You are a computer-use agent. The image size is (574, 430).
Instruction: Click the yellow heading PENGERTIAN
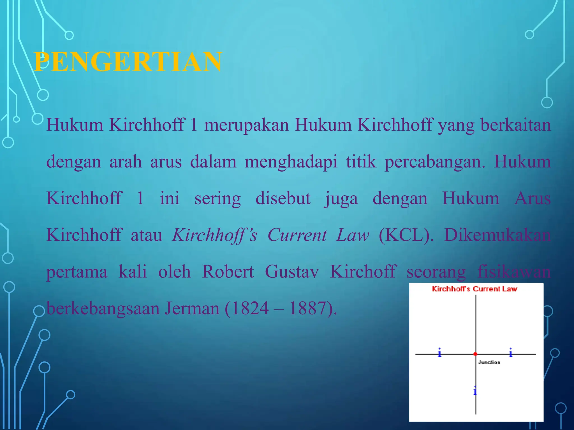pos(128,62)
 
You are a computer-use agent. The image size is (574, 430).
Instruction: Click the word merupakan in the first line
pos(246,125)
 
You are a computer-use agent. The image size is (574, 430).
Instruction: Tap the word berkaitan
pos(515,125)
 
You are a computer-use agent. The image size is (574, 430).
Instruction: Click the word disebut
pos(283,198)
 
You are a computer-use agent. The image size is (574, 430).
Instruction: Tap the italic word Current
pos(297,235)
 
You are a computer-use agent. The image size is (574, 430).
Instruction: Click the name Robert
pos(228,272)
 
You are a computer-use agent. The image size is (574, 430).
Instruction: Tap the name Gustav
pos(292,272)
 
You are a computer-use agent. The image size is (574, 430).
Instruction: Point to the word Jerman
pos(192,308)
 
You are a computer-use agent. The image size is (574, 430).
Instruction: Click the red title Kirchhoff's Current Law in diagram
pos(474,289)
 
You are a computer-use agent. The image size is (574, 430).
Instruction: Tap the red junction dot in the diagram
pos(475,354)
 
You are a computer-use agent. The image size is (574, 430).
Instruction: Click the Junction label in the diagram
pos(489,362)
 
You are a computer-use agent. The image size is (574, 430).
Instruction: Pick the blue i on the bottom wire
pos(475,391)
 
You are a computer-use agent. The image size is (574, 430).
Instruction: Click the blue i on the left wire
pos(439,353)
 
